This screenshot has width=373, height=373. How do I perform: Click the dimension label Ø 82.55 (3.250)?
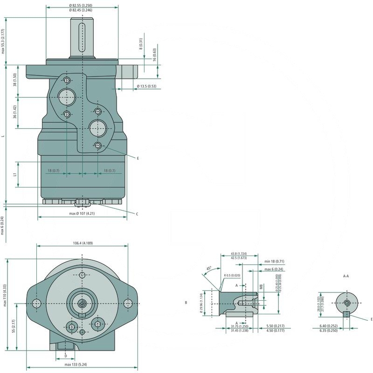[82, 5]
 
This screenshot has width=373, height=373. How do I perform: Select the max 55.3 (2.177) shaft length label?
[3, 41]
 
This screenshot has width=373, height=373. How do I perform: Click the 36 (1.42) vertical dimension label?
[15, 112]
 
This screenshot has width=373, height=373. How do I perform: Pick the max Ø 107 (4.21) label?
[82, 214]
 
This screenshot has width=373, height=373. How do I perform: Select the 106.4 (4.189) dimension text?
[82, 242]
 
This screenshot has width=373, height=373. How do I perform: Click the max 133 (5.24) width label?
[76, 365]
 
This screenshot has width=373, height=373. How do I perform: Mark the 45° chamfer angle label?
[208, 269]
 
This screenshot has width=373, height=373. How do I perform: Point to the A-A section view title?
[346, 276]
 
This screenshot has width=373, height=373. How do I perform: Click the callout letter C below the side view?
[137, 214]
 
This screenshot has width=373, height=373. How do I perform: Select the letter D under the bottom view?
[66, 356]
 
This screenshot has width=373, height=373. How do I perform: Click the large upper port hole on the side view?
[67, 97]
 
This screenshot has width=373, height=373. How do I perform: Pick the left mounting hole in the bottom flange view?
[37, 304]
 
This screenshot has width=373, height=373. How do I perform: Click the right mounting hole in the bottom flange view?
[128, 304]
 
